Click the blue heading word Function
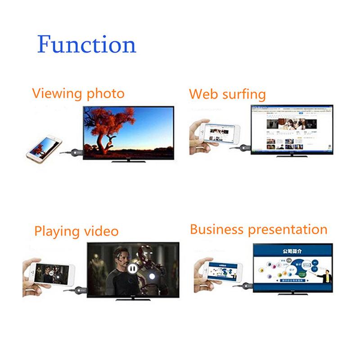point(86,45)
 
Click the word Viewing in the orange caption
point(56,94)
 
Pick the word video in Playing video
point(102,231)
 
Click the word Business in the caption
point(217,229)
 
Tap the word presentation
point(288,230)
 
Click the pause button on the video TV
point(132,269)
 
